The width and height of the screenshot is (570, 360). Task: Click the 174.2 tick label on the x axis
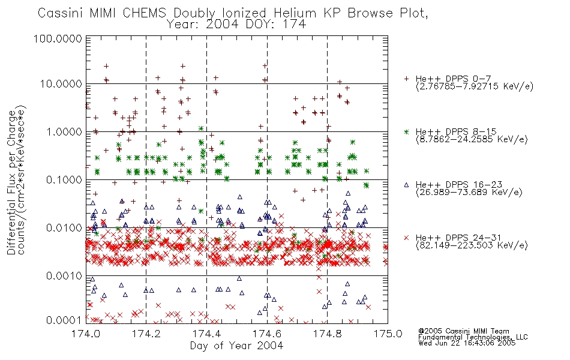[x=146, y=334]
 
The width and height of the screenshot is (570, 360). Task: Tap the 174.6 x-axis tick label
[x=267, y=334]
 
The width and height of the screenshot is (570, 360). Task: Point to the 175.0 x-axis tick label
[x=388, y=334]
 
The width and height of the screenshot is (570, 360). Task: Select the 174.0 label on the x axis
[x=86, y=334]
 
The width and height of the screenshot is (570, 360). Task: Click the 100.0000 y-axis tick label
[x=58, y=38]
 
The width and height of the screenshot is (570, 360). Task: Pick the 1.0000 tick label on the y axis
[x=64, y=131]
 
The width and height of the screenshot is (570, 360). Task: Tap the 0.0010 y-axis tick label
[x=64, y=276]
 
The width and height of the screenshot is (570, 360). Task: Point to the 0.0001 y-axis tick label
[x=64, y=320]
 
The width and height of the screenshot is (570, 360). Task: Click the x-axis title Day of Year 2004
[x=236, y=346]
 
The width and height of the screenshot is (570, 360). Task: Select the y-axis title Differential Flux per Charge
[x=11, y=182]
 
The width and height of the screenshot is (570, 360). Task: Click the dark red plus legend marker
[x=406, y=79]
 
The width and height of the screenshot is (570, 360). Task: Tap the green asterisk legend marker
[x=406, y=131]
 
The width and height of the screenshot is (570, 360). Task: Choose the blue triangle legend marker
[x=406, y=185]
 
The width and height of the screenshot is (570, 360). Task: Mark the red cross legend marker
[x=406, y=238]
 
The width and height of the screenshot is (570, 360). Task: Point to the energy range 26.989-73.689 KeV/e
[x=469, y=192]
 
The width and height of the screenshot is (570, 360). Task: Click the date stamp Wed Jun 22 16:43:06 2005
[x=467, y=343]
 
